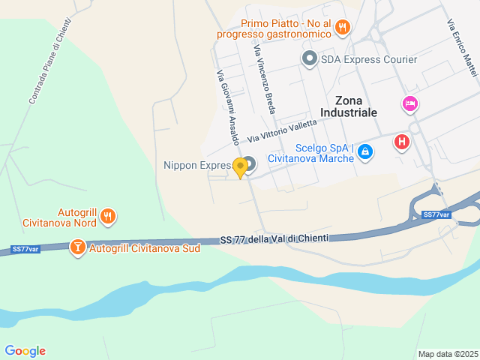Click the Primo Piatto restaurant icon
pyautogui.click(x=342, y=27)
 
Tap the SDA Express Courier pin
pyautogui.click(x=309, y=58)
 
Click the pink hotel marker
pyautogui.click(x=409, y=103)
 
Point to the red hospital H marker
pyautogui.click(x=402, y=141)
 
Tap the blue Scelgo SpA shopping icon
pyautogui.click(x=364, y=152)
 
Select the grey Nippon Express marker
pyautogui.click(x=249, y=163)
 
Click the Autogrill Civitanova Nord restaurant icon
pyautogui.click(x=108, y=217)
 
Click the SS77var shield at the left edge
pyautogui.click(x=25, y=249)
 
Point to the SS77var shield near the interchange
pyautogui.click(x=436, y=214)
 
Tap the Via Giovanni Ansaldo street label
pyautogui.click(x=228, y=107)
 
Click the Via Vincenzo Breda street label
pyautogui.click(x=265, y=78)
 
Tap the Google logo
pyautogui.click(x=25, y=351)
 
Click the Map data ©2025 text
pyautogui.click(x=448, y=354)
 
